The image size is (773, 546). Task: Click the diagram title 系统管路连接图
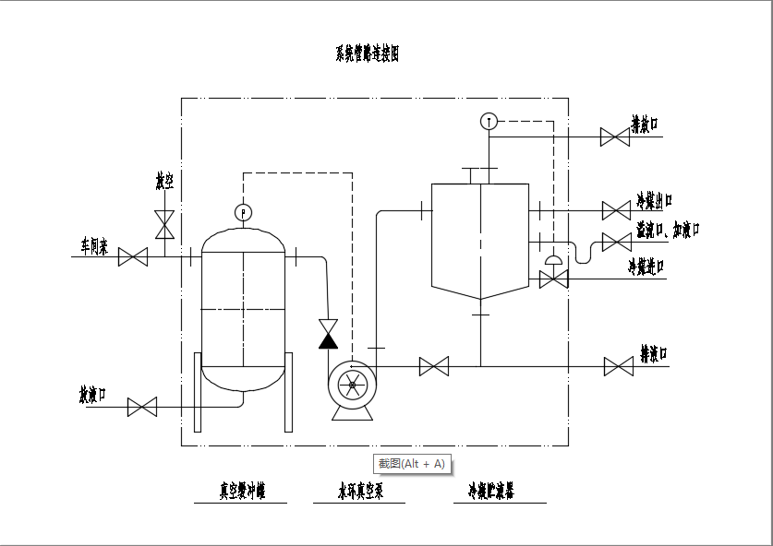[367, 54]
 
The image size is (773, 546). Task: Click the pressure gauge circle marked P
[244, 212]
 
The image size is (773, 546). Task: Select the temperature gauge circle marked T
[489, 121]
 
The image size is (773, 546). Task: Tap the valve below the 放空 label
[165, 223]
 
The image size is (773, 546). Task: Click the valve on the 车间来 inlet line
[133, 257]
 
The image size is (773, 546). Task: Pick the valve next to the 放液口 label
[141, 406]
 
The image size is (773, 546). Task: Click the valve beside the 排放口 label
[614, 137]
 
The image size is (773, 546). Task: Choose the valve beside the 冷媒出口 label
[616, 210]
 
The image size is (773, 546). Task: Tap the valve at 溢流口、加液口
[616, 242]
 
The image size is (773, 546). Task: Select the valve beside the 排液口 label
[618, 366]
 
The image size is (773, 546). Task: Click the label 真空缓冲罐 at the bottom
[242, 492]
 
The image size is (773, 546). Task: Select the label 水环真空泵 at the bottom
[359, 492]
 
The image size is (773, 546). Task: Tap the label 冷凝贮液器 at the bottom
[491, 492]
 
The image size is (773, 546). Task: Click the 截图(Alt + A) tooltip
[411, 463]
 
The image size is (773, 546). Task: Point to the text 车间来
[94, 247]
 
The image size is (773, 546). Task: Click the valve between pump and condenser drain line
[433, 366]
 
